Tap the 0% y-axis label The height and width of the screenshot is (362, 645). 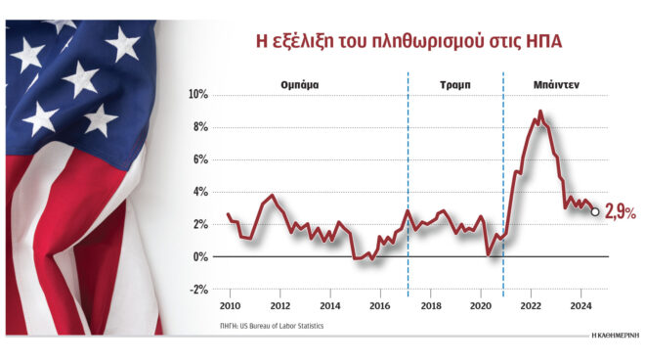pyautogui.click(x=199, y=257)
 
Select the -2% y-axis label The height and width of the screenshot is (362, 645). pyautogui.click(x=198, y=290)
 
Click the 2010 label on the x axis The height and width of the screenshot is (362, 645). pyautogui.click(x=231, y=306)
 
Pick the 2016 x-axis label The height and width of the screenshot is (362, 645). pyautogui.click(x=380, y=306)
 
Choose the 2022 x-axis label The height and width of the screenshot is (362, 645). pyautogui.click(x=530, y=306)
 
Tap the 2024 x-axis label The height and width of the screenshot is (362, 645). pyautogui.click(x=580, y=306)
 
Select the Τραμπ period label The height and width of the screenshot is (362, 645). pyautogui.click(x=455, y=85)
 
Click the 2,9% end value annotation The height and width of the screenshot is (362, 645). pyautogui.click(x=621, y=210)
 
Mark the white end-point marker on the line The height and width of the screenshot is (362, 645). pyautogui.click(x=596, y=209)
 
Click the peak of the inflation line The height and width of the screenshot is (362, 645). pyautogui.click(x=540, y=113)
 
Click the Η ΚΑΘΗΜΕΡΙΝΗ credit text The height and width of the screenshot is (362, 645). pyautogui.click(x=615, y=336)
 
